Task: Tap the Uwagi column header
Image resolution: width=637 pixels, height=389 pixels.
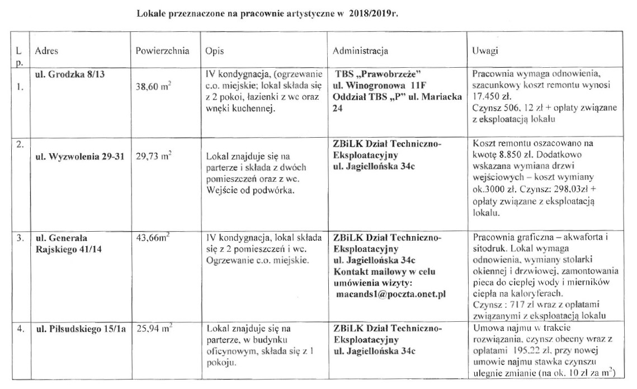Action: click(484, 51)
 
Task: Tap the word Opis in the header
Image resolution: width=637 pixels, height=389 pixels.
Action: click(214, 51)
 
